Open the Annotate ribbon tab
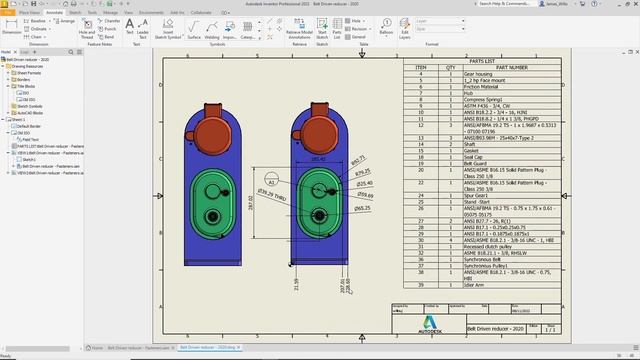56,12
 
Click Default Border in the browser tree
28,127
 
